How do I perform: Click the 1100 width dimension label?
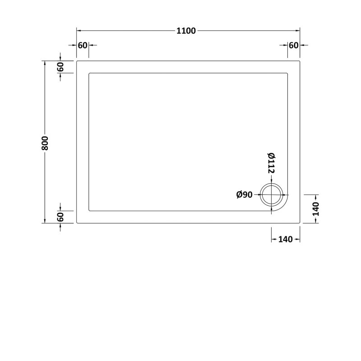(x=186, y=31)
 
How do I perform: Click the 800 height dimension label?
(x=45, y=143)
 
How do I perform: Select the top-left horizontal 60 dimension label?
(x=83, y=46)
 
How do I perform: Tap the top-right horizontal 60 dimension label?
(x=294, y=46)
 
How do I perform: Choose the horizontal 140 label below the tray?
(x=286, y=239)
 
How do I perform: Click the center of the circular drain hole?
(x=271, y=195)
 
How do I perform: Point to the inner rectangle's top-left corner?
(x=89, y=73)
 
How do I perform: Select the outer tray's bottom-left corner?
(x=77, y=222)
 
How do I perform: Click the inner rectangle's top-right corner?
(x=287, y=73)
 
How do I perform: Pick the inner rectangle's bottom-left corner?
(x=89, y=211)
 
